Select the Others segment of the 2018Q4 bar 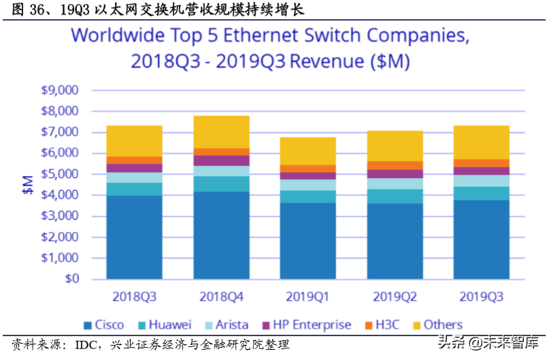[222, 132]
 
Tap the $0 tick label [70, 279]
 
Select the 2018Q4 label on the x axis [222, 297]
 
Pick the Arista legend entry [225, 325]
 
